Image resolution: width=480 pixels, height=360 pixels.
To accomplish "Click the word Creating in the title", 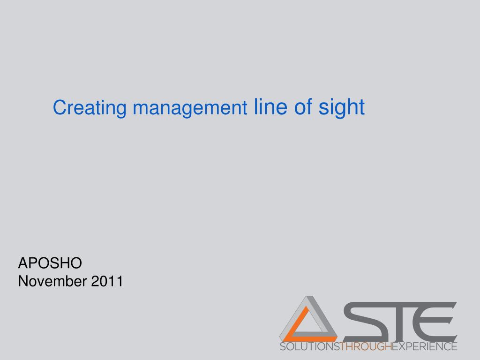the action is click(90, 108).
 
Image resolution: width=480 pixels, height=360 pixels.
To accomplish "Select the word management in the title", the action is click(190, 108).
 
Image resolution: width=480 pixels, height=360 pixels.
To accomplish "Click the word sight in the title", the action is click(342, 108).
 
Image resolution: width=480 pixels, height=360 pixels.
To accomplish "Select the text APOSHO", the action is click(50, 263).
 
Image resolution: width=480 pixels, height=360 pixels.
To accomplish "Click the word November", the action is click(52, 281).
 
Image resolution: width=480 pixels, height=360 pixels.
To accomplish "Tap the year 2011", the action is click(107, 281).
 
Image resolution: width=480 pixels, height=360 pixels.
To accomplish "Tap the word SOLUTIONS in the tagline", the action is click(309, 346).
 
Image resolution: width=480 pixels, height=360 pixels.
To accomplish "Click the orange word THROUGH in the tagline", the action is click(366, 346).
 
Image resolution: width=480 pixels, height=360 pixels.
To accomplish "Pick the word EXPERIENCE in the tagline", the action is click(425, 346).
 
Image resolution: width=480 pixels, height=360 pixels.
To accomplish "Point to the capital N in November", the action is click(23, 281).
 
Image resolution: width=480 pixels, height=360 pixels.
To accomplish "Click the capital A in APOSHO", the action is click(23, 263).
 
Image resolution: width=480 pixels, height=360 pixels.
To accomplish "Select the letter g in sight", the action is click(338, 109).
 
